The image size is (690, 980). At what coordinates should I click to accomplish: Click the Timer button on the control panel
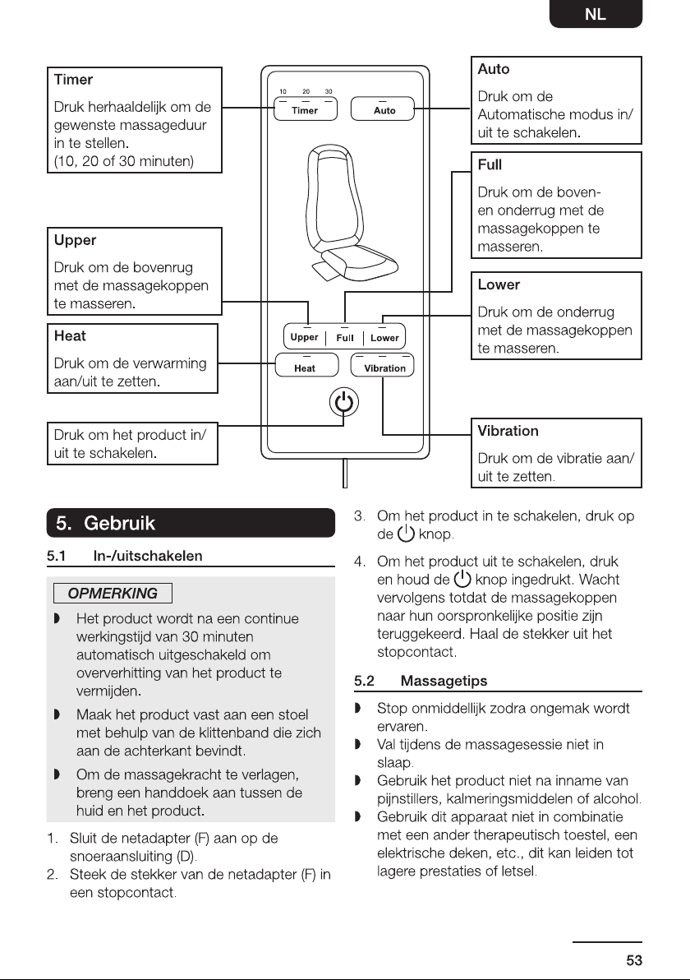click(x=306, y=109)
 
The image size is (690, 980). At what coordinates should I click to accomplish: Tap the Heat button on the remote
click(x=306, y=365)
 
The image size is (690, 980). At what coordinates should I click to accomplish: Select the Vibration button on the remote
click(x=382, y=365)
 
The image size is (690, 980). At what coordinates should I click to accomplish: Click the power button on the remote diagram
click(x=344, y=402)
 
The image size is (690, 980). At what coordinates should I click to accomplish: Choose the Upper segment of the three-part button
click(x=305, y=337)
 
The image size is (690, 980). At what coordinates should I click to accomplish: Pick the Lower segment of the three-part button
click(x=384, y=337)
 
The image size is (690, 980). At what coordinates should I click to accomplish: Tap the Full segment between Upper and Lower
click(x=345, y=337)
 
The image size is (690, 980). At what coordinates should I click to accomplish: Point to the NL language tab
click(x=596, y=14)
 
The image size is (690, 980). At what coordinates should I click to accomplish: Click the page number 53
click(x=634, y=960)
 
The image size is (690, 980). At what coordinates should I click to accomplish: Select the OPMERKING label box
click(x=113, y=593)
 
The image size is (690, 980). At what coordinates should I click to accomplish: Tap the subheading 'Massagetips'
click(x=444, y=681)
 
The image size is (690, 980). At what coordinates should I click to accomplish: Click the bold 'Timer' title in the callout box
click(x=73, y=80)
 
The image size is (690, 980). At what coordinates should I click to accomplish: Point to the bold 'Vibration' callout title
click(x=508, y=431)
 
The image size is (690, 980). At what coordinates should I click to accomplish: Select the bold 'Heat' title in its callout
click(x=70, y=335)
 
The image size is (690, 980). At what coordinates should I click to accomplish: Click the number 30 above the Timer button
click(x=329, y=91)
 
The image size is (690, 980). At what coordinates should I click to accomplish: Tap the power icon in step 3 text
click(x=406, y=534)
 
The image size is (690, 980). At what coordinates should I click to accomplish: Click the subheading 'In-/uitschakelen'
click(x=147, y=556)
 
